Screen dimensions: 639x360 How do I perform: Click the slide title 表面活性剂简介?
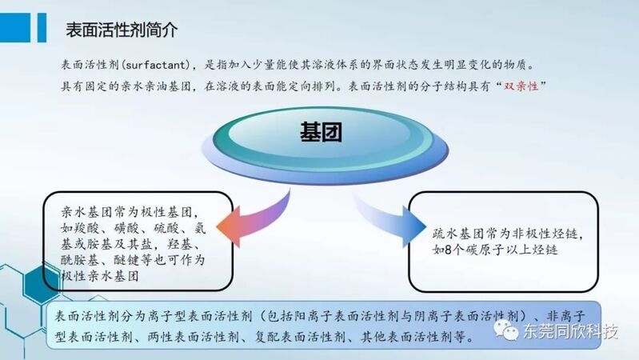click(x=122, y=30)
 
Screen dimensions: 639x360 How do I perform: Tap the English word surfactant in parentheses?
click(x=156, y=65)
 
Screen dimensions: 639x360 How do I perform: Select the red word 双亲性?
click(x=521, y=86)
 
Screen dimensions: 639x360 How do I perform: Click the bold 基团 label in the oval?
click(x=321, y=132)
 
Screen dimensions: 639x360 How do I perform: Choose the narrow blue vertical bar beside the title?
click(x=42, y=27)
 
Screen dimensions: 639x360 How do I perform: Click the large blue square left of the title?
click(x=15, y=27)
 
